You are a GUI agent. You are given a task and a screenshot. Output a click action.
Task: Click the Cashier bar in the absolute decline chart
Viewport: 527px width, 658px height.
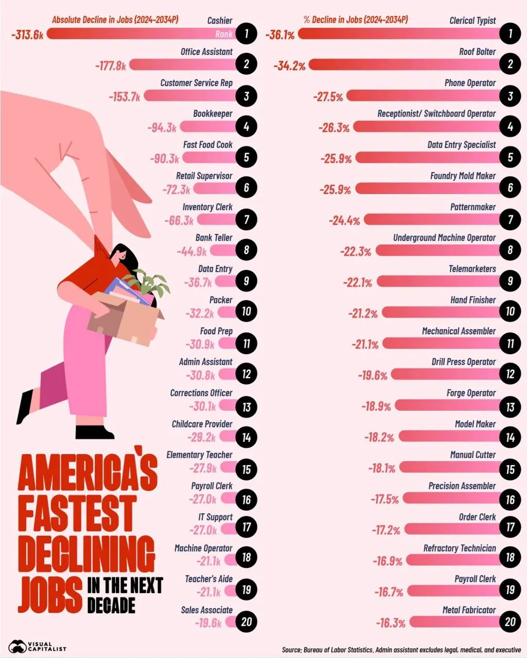139,34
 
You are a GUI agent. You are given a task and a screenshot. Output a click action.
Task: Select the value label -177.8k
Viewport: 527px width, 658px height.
110,65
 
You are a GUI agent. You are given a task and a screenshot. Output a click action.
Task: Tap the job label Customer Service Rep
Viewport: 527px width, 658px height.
196,83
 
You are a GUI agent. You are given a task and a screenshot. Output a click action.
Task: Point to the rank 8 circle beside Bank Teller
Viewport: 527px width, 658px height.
247,250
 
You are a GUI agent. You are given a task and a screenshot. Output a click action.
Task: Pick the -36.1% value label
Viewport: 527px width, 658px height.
280,35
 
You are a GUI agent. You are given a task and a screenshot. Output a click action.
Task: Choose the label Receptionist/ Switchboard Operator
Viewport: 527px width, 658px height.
436,114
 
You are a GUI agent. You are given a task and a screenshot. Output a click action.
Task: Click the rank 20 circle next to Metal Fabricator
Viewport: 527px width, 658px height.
510,622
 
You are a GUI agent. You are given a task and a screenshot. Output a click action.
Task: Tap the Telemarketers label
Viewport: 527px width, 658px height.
472,269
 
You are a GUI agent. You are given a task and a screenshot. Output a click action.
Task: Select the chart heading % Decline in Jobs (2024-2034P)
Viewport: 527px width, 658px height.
356,20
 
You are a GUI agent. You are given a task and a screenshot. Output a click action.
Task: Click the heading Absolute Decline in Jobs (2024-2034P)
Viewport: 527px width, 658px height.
115,20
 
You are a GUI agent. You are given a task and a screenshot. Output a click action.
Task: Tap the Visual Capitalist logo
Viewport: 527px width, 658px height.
38,647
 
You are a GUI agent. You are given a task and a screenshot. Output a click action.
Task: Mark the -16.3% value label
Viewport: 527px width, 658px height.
391,623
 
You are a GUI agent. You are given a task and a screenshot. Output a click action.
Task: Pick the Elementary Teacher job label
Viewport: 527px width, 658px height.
199,455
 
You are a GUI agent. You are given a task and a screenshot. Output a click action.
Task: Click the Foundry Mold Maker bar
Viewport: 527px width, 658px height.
427,188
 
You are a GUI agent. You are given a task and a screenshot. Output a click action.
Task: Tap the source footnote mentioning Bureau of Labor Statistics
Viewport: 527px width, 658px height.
401,650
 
